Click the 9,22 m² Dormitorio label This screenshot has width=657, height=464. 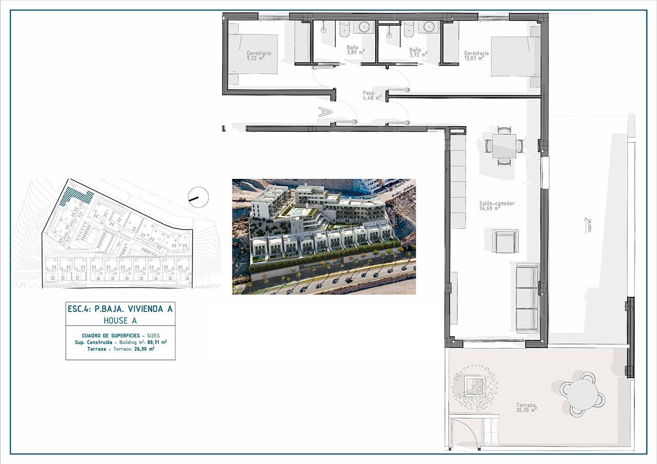(259, 56)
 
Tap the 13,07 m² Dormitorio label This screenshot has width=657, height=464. (476, 55)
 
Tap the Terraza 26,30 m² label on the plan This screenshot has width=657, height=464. (526, 408)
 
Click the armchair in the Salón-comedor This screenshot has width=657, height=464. (506, 241)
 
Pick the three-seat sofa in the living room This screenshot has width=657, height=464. (527, 298)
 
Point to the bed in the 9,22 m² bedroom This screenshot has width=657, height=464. (254, 54)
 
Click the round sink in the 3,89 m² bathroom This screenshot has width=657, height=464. (365, 27)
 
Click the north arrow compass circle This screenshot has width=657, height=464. (198, 197)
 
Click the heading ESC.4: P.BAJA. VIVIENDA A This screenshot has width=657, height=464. (120, 309)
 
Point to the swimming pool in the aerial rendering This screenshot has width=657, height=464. (298, 211)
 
